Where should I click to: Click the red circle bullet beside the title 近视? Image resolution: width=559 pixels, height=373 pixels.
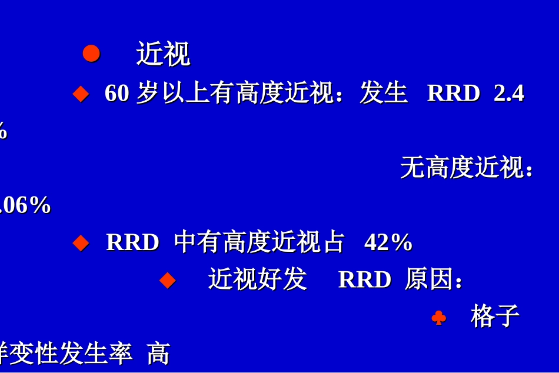point(91,54)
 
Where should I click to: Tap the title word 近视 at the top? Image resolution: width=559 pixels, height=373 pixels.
point(163,54)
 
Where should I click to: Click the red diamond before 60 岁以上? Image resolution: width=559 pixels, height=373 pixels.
point(81,94)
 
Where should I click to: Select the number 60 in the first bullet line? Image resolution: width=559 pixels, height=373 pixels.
point(117,93)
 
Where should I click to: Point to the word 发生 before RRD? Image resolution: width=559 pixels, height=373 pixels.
point(384,93)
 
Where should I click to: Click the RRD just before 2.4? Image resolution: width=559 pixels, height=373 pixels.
point(453,93)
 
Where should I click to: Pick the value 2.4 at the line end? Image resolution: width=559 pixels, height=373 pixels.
point(508,93)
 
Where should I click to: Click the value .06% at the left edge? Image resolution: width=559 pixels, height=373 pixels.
point(25,205)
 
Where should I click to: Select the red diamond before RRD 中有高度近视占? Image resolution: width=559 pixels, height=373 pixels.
point(81,242)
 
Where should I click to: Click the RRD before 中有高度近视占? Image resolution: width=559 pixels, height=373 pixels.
point(132,242)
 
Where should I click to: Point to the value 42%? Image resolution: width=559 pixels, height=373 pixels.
point(388,242)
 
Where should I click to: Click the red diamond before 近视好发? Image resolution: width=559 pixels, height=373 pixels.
point(168,279)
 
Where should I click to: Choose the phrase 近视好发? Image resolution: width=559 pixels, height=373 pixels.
point(257,279)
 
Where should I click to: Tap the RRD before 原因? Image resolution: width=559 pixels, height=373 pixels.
point(364,279)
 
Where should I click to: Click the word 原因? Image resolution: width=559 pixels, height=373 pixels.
point(430,279)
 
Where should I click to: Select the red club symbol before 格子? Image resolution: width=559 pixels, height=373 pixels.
point(438,318)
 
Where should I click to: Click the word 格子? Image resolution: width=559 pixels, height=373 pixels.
point(495,317)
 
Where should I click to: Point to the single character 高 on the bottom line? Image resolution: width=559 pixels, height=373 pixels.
point(158,354)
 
